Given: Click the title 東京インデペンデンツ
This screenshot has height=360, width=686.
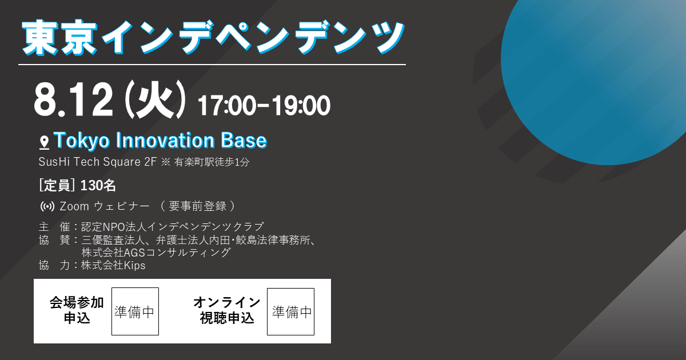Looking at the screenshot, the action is click(x=213, y=37).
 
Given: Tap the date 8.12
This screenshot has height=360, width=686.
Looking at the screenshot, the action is click(x=73, y=100).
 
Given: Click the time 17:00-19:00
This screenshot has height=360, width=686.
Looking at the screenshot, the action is click(x=264, y=105).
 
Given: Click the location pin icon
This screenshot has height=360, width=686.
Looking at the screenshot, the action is click(x=45, y=143).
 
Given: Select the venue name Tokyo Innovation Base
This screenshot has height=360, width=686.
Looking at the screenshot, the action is click(x=160, y=141).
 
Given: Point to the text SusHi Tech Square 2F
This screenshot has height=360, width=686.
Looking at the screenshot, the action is click(x=97, y=162).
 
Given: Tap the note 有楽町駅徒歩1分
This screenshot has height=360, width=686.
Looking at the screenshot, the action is click(x=212, y=162).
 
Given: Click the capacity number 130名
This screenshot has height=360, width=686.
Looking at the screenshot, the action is click(x=98, y=186).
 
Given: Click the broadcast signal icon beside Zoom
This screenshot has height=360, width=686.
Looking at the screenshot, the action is click(x=47, y=206).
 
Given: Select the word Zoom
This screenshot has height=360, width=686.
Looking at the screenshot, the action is click(x=74, y=206).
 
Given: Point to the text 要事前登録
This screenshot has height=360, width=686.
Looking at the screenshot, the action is click(x=198, y=206).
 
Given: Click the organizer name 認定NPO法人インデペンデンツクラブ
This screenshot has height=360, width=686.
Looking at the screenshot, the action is click(x=173, y=227).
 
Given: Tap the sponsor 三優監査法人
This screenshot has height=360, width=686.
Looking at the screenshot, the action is click(x=113, y=240).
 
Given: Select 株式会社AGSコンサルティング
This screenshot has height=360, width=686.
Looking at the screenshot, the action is click(x=156, y=253).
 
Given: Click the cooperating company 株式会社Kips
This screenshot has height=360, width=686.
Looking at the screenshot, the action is click(x=113, y=265).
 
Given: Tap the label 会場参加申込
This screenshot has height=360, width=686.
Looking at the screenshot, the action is click(x=77, y=310).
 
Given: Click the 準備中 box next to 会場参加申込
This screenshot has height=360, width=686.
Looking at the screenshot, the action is click(x=135, y=311).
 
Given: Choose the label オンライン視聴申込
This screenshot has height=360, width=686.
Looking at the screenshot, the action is click(x=226, y=310).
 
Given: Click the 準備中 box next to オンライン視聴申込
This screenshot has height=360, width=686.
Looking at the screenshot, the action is click(x=290, y=311).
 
